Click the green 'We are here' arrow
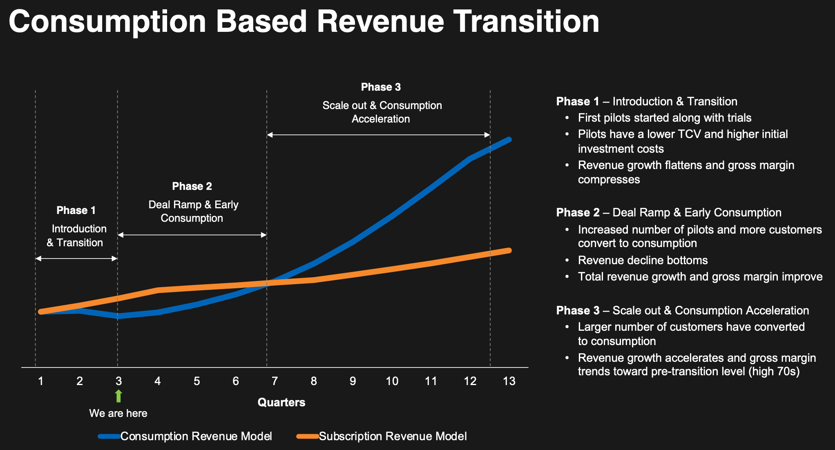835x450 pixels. [118, 396]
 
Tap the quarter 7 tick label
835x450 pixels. [275, 381]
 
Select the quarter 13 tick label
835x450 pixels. [509, 381]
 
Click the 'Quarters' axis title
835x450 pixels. [281, 403]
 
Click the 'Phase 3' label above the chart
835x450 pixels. [381, 87]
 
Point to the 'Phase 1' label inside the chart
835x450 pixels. [76, 210]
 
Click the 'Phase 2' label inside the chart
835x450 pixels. [192, 186]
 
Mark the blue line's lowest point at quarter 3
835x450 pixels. [118, 316]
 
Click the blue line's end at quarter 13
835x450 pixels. [509, 140]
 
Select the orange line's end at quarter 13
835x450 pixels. [509, 250]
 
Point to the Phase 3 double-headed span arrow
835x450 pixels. [378, 135]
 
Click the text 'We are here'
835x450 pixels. [118, 413]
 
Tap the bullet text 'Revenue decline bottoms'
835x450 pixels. [643, 260]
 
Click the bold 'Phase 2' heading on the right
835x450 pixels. [578, 213]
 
